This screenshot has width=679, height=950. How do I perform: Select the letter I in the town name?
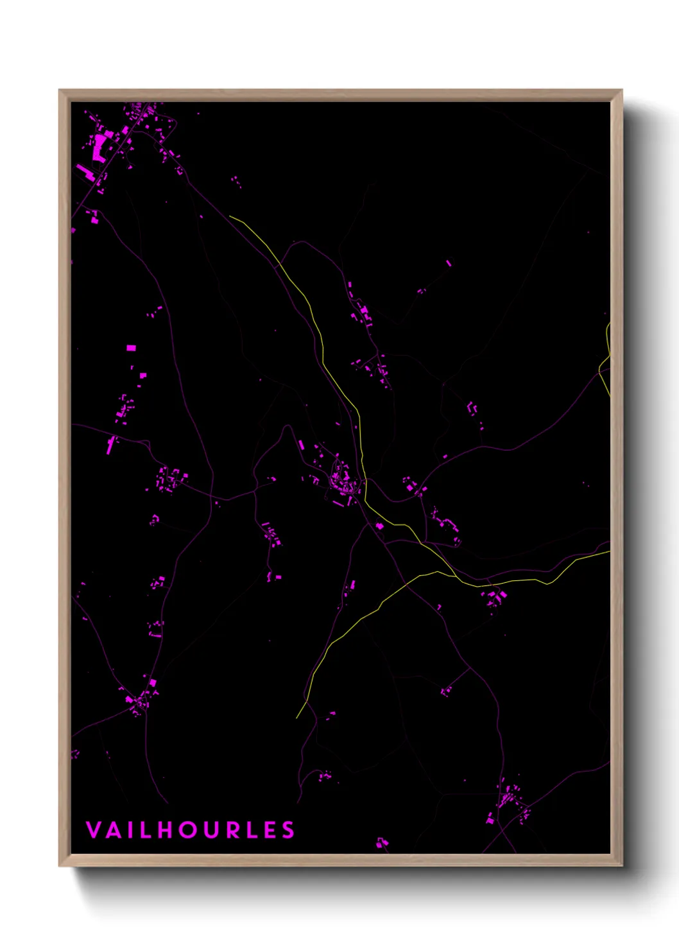tap(130, 830)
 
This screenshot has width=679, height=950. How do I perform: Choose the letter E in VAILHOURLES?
tap(271, 830)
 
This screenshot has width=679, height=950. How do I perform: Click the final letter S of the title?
tap(288, 830)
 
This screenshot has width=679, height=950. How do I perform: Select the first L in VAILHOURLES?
tap(146, 830)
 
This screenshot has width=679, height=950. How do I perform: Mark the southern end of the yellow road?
tap(297, 718)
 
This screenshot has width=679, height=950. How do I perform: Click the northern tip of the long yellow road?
tap(230, 216)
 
